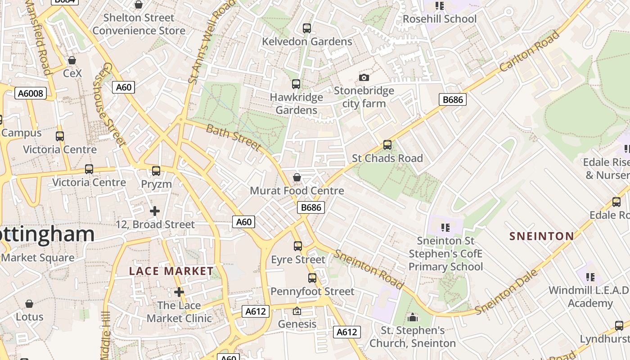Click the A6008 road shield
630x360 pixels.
tap(31, 93)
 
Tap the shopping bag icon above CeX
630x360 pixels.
tap(72, 60)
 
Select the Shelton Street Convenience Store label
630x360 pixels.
tap(139, 24)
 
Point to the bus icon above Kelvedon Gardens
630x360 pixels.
tap(307, 28)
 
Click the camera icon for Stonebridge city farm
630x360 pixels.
tap(364, 77)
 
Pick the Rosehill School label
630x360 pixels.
tap(439, 19)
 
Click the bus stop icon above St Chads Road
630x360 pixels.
tap(387, 145)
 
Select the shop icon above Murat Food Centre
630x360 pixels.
tap(297, 177)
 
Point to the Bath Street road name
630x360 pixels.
tap(234, 138)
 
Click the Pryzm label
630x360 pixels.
tap(157, 184)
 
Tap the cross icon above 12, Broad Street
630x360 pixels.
tap(155, 211)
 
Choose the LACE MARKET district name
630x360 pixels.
tap(171, 271)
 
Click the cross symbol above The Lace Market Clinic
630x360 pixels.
tap(179, 292)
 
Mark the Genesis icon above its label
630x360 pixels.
tap(297, 311)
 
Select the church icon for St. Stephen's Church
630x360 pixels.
tap(413, 318)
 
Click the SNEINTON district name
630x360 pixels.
tap(542, 236)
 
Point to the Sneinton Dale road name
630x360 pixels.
tap(507, 292)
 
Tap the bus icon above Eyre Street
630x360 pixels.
tap(298, 246)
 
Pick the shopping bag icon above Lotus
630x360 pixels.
tap(29, 304)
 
